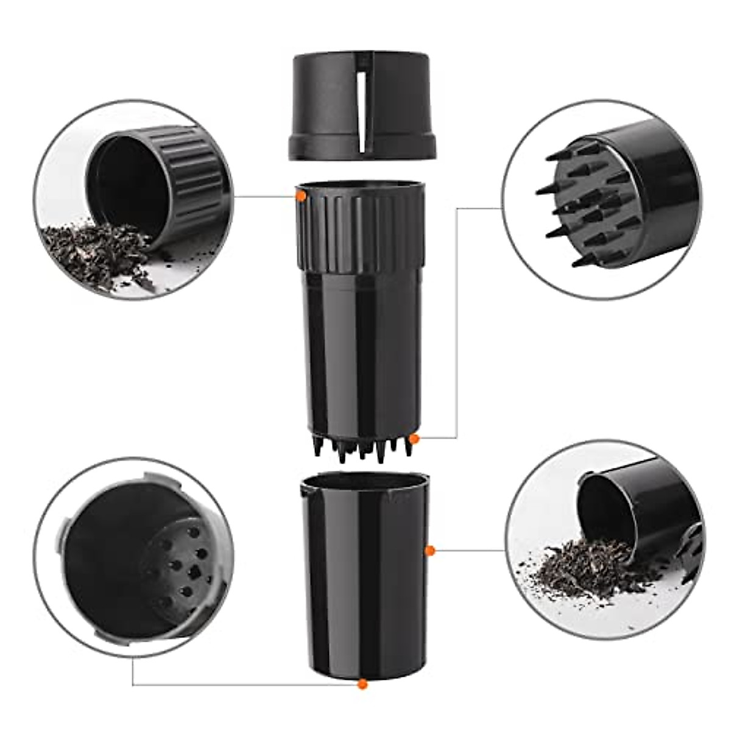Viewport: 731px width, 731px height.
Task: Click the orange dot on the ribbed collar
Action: coord(300,196)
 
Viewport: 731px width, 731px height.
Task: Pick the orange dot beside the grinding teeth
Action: coord(414,439)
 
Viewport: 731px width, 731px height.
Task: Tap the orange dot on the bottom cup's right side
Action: coord(429,551)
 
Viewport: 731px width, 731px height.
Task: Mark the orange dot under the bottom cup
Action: coord(362,684)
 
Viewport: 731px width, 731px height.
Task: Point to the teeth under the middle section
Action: coord(359,448)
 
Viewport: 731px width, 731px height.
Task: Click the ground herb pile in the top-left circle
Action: coord(97,253)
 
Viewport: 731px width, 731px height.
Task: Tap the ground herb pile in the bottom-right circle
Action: coord(579,567)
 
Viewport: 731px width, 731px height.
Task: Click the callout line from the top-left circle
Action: coord(262,196)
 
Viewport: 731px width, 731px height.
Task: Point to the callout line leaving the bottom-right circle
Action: coord(469,551)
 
